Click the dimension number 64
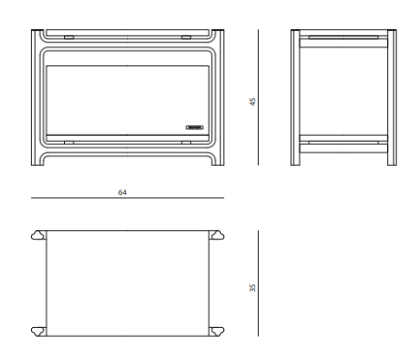pos(122,192)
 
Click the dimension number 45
pos(252,102)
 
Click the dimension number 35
pos(252,288)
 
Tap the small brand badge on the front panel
pos(195,127)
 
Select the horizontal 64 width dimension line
pos(127,198)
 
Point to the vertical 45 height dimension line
pos(258,98)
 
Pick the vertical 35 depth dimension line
pos(258,283)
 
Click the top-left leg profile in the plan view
pos(39,235)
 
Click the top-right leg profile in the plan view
pos(217,235)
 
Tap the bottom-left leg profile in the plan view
pos(39,331)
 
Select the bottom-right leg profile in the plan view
pos(217,331)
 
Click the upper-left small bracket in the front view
pos(69,37)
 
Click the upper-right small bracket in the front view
pos(186,37)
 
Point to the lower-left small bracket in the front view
pos(69,143)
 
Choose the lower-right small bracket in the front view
pos(186,143)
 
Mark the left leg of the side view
pos(295,98)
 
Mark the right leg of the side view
pos(392,98)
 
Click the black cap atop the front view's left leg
pos(37,30)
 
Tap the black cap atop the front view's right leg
pos(218,30)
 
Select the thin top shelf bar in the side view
pos(343,37)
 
